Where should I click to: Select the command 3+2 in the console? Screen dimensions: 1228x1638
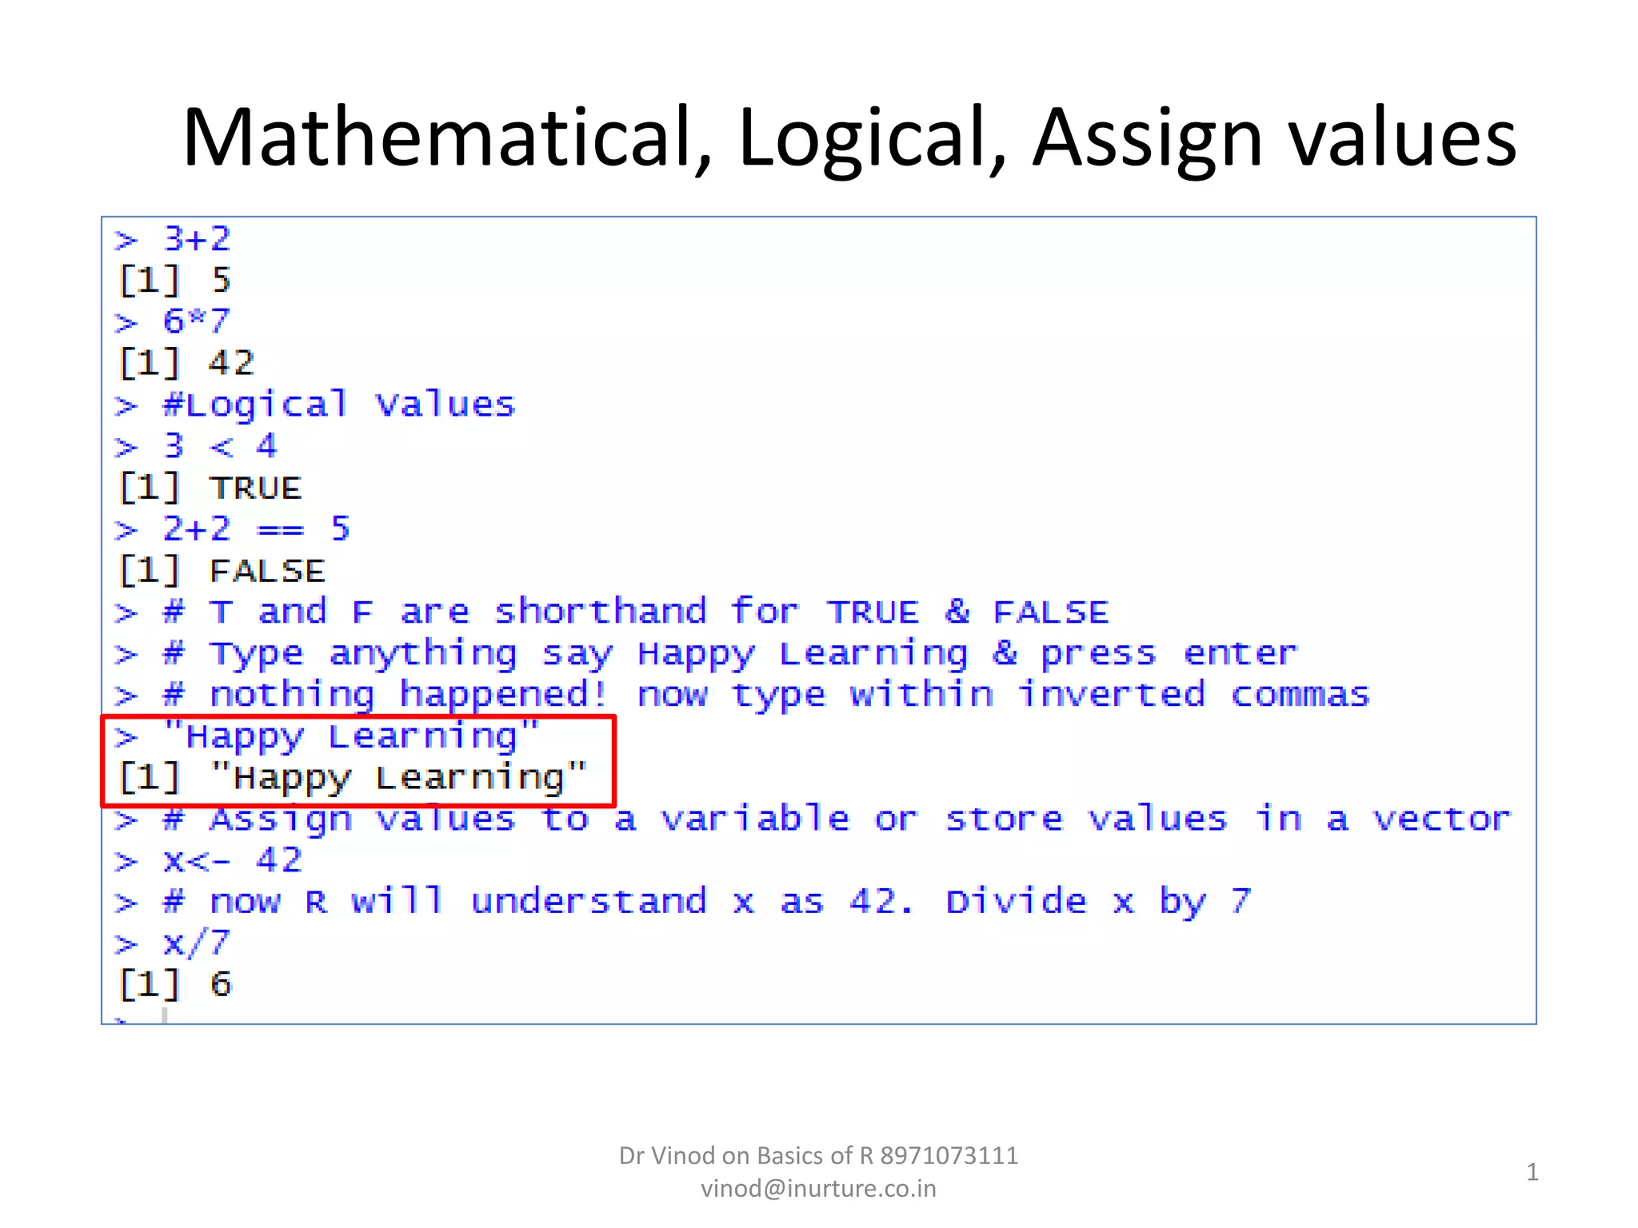[197, 239]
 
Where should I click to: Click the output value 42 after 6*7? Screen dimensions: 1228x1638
[232, 364]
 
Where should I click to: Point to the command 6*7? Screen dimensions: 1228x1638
[197, 322]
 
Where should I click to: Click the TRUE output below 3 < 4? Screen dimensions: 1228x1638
[256, 488]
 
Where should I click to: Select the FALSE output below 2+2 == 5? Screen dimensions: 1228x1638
[267, 572]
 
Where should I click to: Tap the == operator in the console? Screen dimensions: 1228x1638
[280, 530]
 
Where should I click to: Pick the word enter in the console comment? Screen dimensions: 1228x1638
[1240, 654]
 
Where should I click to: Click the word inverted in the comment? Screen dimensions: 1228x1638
[1112, 695]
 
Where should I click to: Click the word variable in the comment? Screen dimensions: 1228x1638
[755, 819]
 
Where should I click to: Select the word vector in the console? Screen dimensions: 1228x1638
[1442, 819]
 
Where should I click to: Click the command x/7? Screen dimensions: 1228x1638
[197, 943]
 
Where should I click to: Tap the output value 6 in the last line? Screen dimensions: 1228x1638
[221, 984]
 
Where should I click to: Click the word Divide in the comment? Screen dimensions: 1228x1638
[1017, 902]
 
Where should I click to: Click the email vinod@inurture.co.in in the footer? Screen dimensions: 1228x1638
[818, 1189]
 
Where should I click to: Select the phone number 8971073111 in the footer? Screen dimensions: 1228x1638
[949, 1156]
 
